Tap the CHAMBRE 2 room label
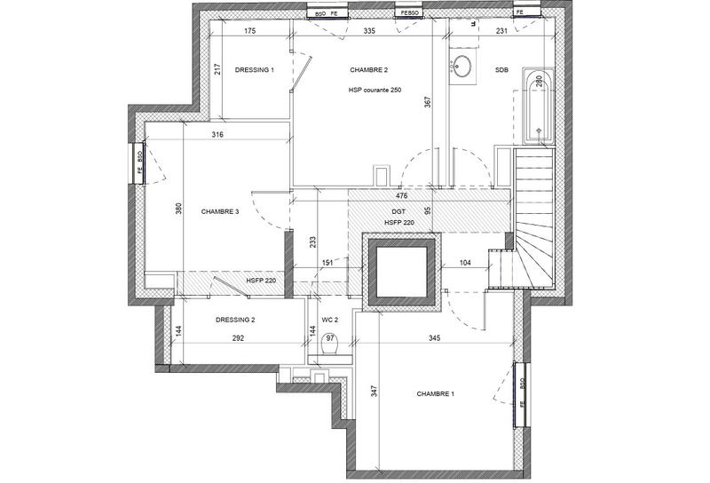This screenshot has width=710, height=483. pyautogui.click(x=369, y=69)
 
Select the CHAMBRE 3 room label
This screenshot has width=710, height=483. pyautogui.click(x=220, y=211)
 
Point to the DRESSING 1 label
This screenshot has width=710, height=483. pyautogui.click(x=255, y=69)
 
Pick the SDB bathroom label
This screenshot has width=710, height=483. pyautogui.click(x=502, y=69)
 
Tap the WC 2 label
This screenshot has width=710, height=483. pyautogui.click(x=330, y=320)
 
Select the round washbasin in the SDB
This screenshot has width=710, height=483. pyautogui.click(x=463, y=65)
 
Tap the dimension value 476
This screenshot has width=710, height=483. pyautogui.click(x=401, y=196)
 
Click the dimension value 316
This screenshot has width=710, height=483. pyautogui.click(x=217, y=135)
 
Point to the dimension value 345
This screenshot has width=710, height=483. pyautogui.click(x=434, y=338)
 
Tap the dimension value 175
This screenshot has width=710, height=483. pyautogui.click(x=249, y=31)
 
